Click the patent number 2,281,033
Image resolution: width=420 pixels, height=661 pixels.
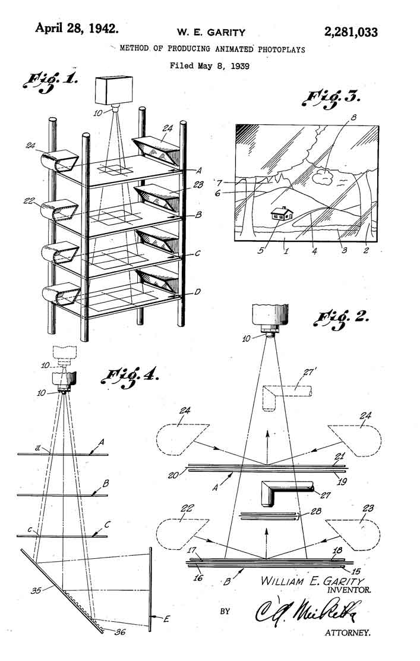click(350, 32)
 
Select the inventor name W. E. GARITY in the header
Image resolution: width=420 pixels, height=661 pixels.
click(211, 33)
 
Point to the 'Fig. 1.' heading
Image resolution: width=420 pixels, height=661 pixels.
click(50, 83)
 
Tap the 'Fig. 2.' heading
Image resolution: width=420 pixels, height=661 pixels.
click(340, 317)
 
